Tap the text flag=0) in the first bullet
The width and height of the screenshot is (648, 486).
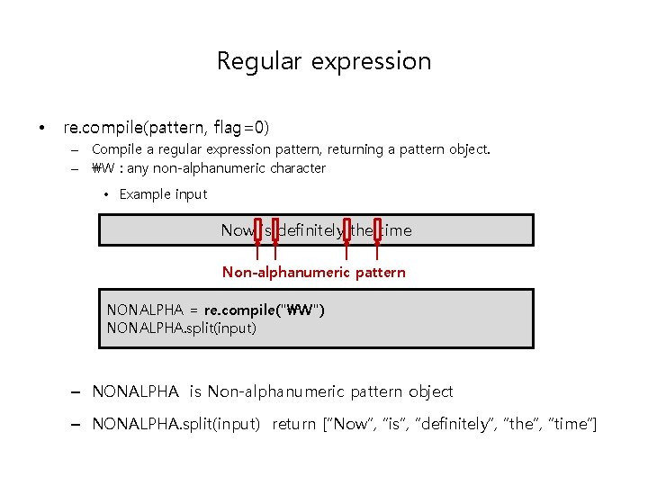[241, 128]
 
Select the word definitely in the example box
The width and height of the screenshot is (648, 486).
[310, 230]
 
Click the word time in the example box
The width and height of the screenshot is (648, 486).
[396, 230]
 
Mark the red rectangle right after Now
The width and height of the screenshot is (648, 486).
[258, 231]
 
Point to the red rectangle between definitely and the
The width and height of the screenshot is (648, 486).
[346, 231]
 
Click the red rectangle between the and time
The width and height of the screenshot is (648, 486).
[377, 231]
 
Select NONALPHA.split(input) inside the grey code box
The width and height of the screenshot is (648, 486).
[181, 328]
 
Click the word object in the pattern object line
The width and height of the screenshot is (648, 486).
[430, 391]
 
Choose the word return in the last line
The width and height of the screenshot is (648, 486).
[294, 424]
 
